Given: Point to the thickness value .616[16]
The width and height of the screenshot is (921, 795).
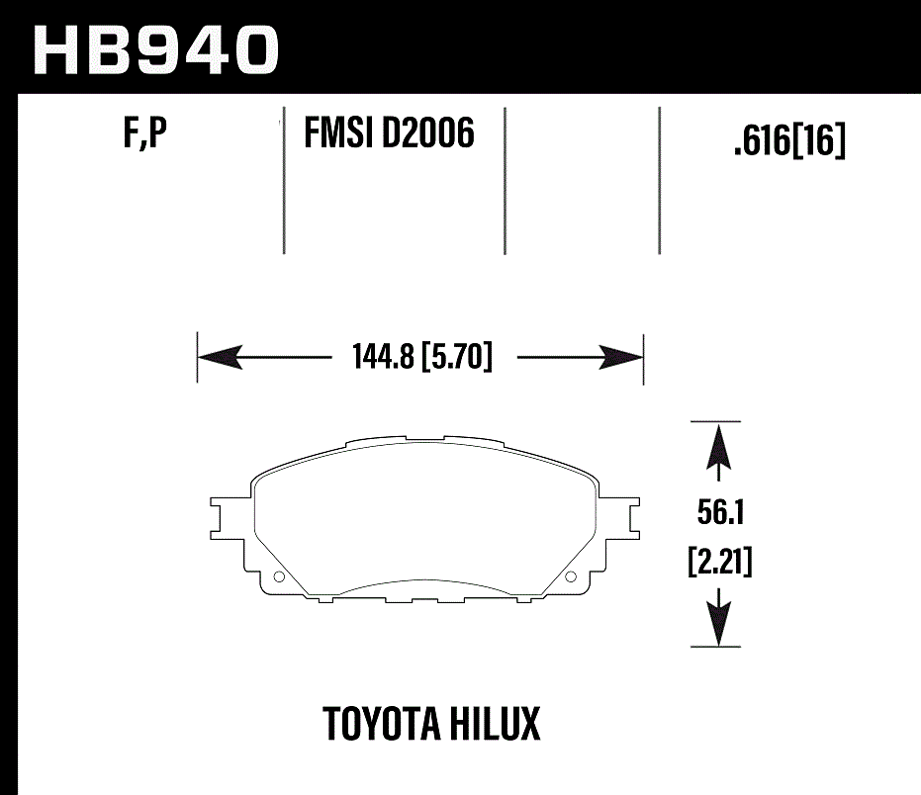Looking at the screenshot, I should click(x=789, y=144).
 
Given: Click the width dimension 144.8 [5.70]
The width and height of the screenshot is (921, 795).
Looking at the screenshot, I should click(x=421, y=356).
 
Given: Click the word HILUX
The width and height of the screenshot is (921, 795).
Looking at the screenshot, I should click(x=502, y=724).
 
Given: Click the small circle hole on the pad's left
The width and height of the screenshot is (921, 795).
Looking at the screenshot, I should click(x=278, y=577).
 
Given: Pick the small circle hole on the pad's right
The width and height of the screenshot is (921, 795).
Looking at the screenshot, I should click(x=570, y=577).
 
